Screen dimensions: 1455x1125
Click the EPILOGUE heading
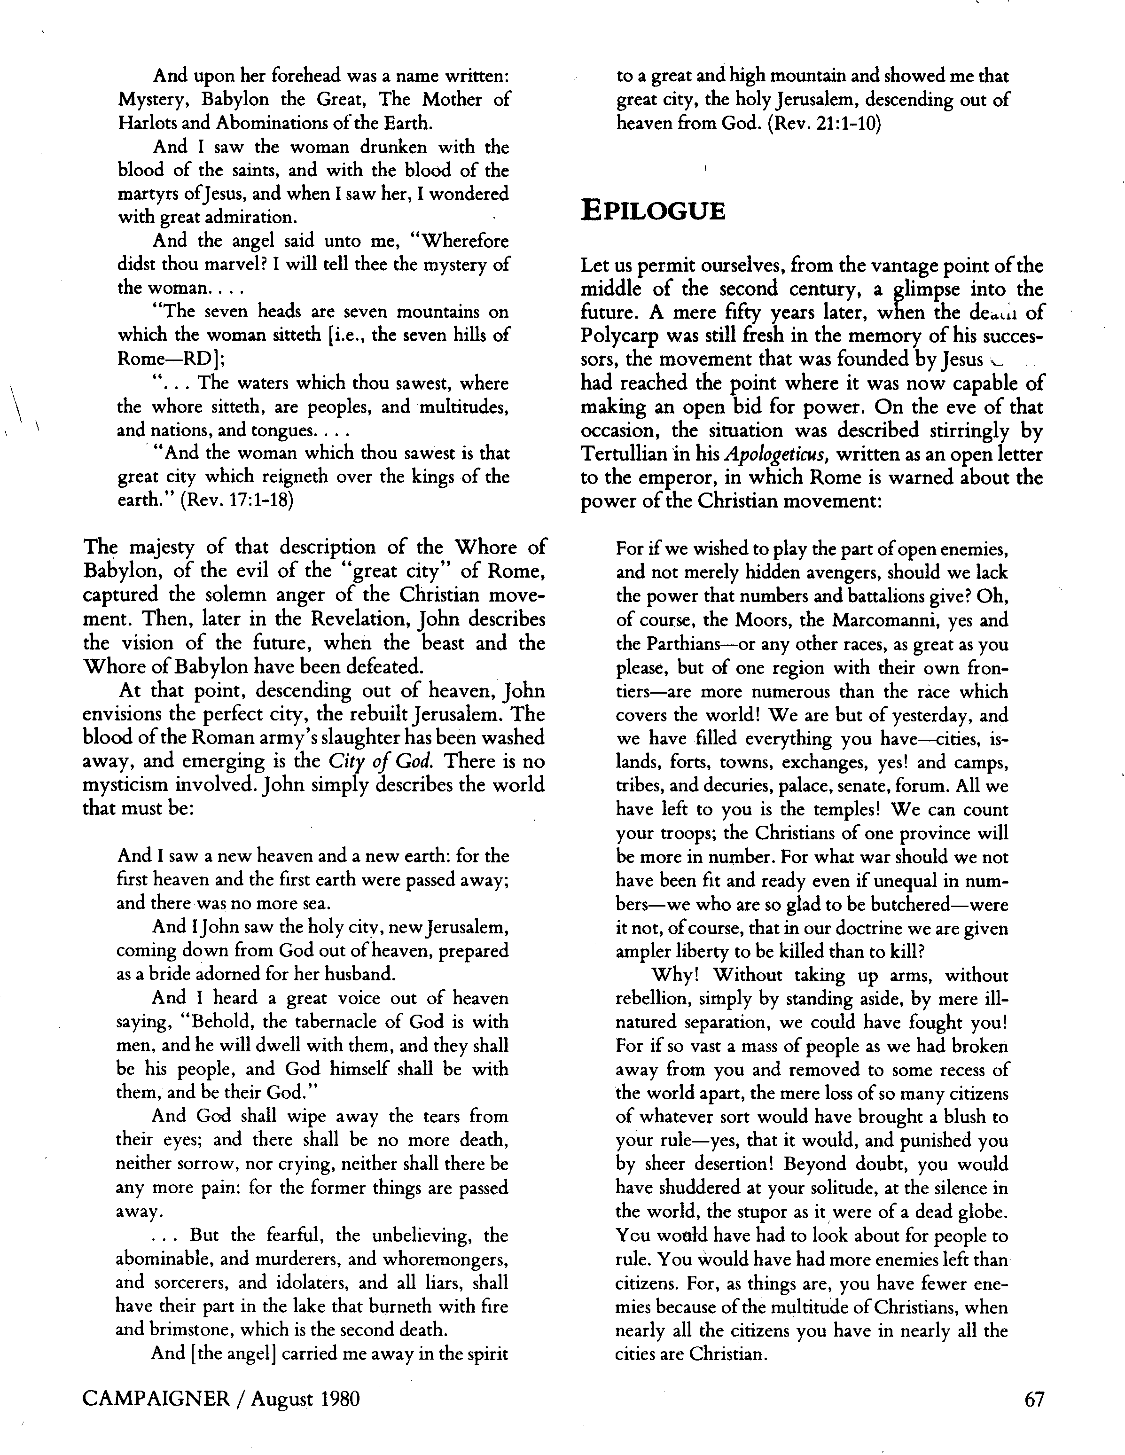[x=652, y=211]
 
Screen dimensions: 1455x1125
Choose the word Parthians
[x=673, y=644]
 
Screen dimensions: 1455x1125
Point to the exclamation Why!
[x=674, y=975]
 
